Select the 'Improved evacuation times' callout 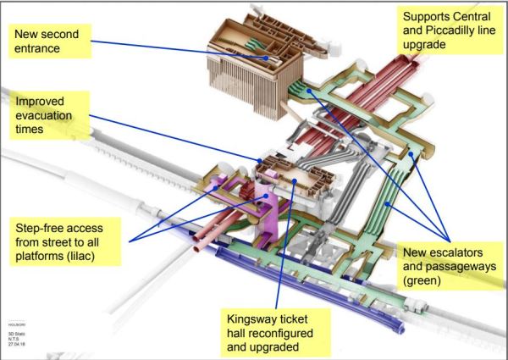(47, 115)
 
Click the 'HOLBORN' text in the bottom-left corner (16, 323)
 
